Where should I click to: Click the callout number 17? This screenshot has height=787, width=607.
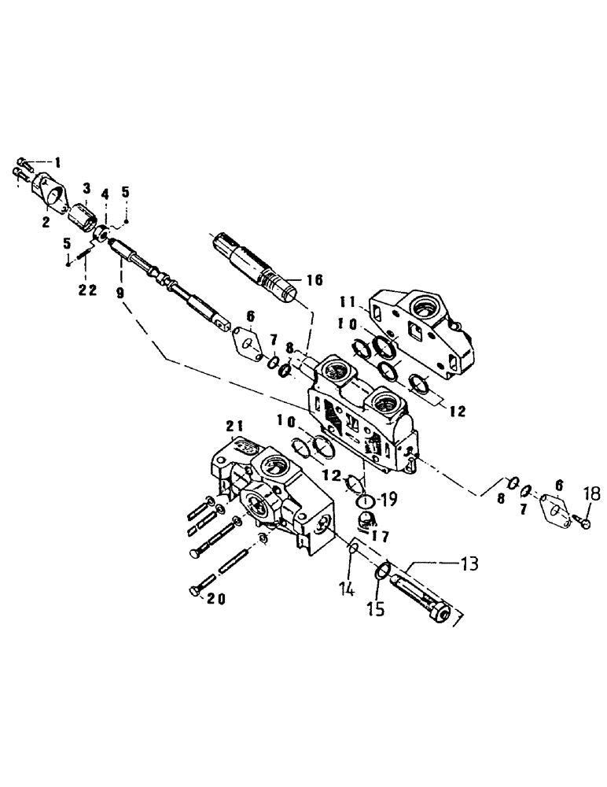[380, 538]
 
